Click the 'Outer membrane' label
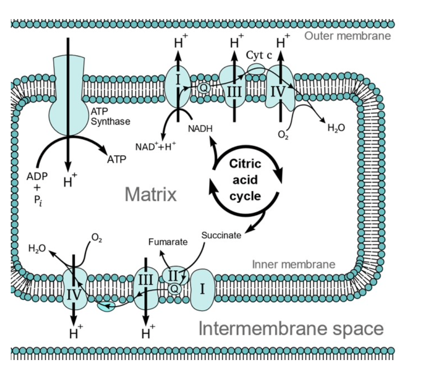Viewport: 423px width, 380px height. point(348,36)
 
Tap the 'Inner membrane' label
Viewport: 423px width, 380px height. point(293,264)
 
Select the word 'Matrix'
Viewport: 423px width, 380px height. point(151,194)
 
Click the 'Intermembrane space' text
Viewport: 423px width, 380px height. point(291,329)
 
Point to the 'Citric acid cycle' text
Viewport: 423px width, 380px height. point(246,180)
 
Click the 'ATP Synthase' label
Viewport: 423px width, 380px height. point(110,117)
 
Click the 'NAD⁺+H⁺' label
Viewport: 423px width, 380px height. point(156,146)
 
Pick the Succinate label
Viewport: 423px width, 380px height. point(221,235)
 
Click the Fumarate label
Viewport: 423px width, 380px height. point(168,241)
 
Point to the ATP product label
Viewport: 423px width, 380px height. point(117,160)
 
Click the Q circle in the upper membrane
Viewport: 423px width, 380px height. point(203,88)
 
